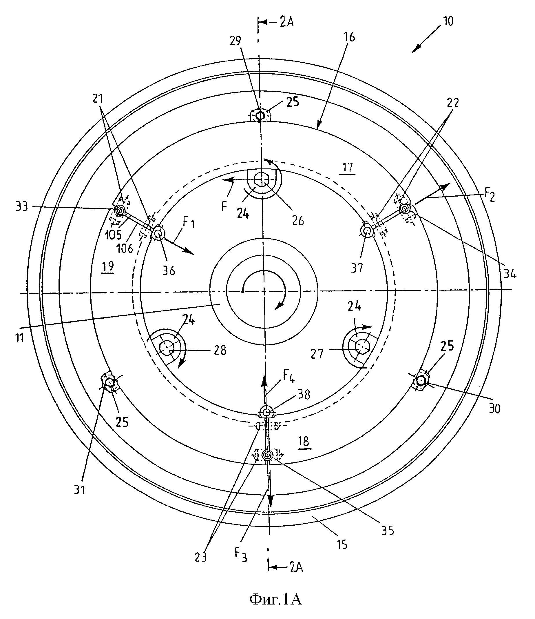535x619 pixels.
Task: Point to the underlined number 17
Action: point(348,168)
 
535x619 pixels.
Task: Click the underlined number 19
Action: point(108,266)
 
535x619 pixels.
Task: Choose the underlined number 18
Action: point(304,442)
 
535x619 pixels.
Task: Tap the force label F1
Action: point(189,223)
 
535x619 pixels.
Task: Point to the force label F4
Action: point(289,377)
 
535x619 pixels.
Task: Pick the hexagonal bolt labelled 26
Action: point(262,180)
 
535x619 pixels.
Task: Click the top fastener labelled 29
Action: point(260,115)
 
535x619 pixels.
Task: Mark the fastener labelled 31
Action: point(109,382)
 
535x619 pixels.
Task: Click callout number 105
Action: point(113,235)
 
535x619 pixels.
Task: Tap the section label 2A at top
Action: point(286,22)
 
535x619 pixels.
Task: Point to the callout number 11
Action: point(20,338)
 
